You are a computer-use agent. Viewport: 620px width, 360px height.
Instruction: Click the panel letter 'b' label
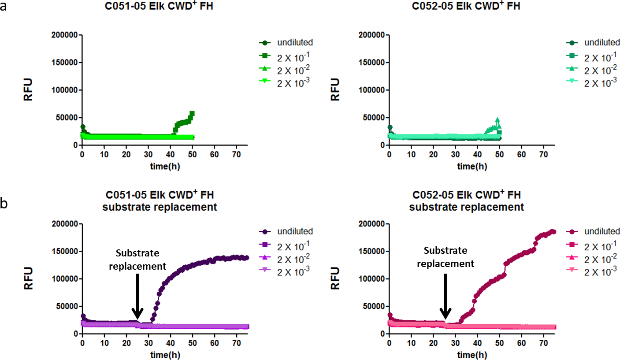[x=4, y=205]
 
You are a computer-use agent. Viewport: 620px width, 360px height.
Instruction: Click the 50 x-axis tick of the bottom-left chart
[x=193, y=343]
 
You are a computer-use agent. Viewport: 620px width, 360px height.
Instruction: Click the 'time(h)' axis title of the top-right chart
[x=466, y=166]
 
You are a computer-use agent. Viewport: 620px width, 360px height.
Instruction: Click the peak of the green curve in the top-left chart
[x=192, y=113]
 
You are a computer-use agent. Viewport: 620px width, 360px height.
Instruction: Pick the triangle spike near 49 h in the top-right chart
[x=497, y=120]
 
